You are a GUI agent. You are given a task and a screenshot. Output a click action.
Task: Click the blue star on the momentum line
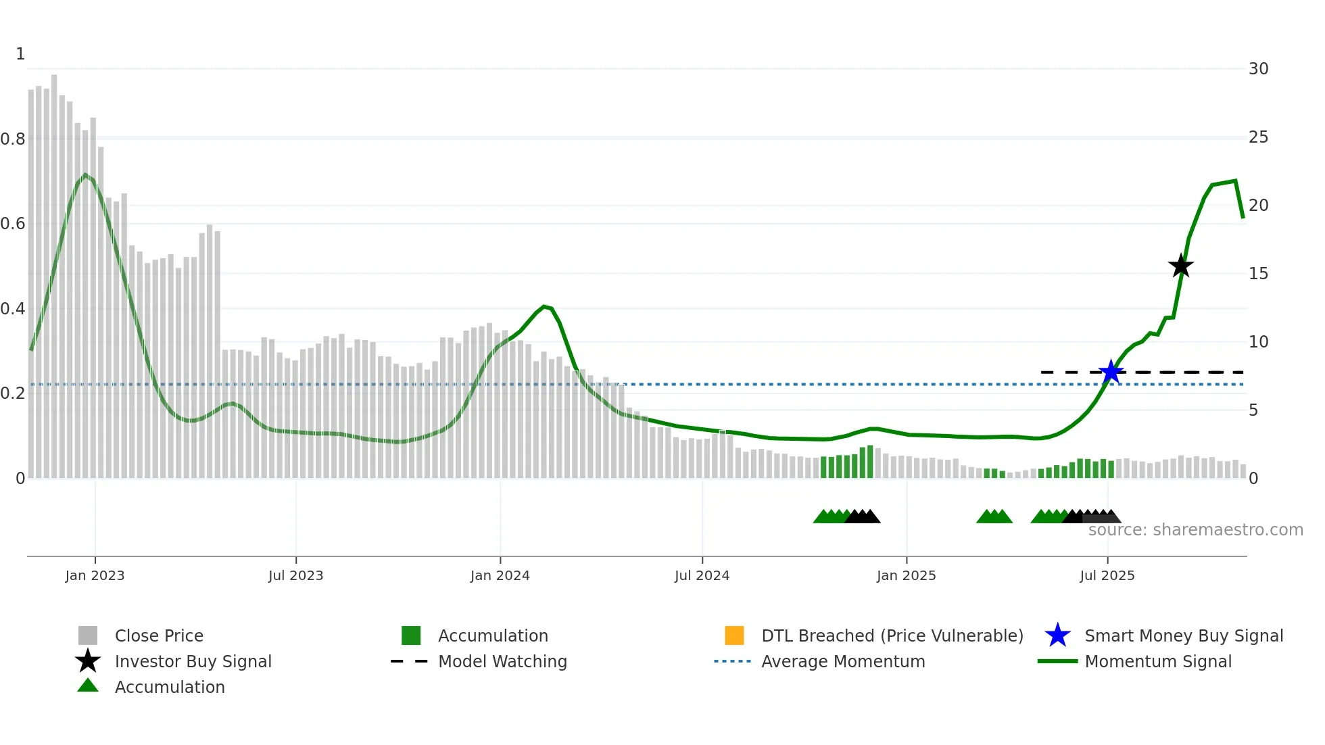[1111, 372]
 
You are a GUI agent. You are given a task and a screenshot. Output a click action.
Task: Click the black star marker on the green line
[1181, 266]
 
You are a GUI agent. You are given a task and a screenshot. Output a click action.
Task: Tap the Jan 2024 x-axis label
[500, 575]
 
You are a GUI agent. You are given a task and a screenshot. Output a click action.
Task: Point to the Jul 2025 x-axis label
[1107, 575]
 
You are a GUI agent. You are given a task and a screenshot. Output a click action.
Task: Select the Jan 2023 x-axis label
[95, 575]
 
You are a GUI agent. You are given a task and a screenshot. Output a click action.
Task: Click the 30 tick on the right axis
[1258, 69]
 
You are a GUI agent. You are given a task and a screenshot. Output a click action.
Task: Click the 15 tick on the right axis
[1258, 274]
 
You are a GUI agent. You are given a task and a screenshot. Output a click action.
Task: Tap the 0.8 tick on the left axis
[13, 139]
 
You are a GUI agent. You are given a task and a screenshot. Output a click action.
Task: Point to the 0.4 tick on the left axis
[13, 309]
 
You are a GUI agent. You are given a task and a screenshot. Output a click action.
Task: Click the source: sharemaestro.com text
[1195, 530]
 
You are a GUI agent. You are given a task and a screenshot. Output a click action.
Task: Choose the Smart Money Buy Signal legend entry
[1183, 635]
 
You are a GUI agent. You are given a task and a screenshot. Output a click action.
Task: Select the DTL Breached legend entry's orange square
[734, 635]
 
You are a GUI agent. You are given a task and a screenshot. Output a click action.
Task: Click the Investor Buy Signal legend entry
[193, 661]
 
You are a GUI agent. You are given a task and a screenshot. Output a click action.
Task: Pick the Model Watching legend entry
[502, 661]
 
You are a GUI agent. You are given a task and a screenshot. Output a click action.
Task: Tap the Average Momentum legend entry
[842, 661]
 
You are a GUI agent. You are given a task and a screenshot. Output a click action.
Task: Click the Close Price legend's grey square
[88, 635]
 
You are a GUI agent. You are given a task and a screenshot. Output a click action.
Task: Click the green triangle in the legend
[88, 686]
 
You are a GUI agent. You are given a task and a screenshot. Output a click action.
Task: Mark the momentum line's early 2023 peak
[85, 175]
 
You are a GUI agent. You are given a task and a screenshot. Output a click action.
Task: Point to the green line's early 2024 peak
[544, 307]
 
